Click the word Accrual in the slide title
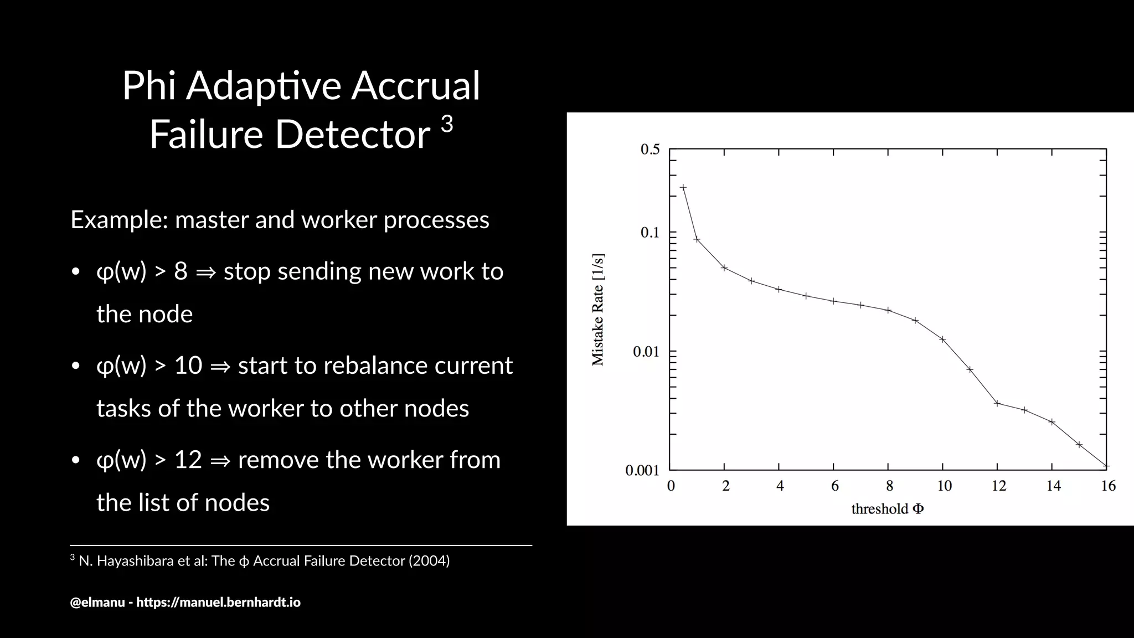[415, 86]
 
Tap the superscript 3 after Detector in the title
[447, 124]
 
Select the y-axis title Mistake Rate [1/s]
[598, 310]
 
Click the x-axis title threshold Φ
[887, 508]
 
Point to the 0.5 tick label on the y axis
[650, 150]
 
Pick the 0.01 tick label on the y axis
[646, 352]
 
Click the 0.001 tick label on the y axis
[642, 471]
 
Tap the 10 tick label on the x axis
[944, 486]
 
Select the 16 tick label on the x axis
[1108, 486]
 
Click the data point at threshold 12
[997, 403]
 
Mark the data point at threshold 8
[888, 310]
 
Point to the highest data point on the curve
[683, 187]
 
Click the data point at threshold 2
[724, 267]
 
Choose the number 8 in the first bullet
[181, 271]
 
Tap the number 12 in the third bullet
[188, 460]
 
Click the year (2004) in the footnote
[429, 561]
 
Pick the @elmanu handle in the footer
[97, 602]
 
